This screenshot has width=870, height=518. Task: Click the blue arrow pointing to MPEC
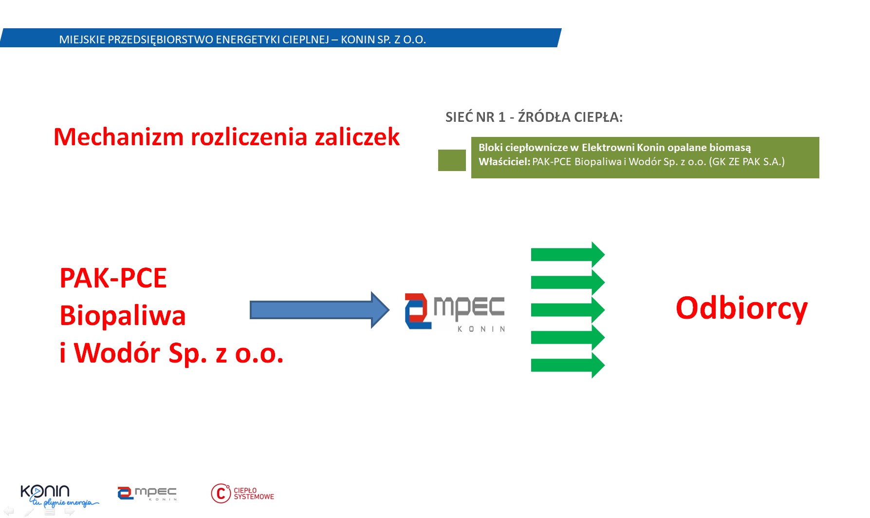pos(319,310)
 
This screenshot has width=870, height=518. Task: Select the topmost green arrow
pos(568,254)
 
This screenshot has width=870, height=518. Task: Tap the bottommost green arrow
pos(568,365)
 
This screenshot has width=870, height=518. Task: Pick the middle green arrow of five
pos(568,310)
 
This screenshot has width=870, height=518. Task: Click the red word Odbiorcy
pos(741,309)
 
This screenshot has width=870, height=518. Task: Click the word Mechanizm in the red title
pos(119,136)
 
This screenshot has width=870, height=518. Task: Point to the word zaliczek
pos(357,136)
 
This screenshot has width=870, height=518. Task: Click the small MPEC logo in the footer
pos(147,493)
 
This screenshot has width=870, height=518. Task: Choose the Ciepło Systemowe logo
pos(242,493)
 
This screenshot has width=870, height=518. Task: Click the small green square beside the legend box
pos(452,160)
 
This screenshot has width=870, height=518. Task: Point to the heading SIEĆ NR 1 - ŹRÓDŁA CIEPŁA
pos(534,117)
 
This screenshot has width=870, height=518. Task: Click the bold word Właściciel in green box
pos(504,162)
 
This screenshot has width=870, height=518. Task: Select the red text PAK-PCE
pos(113,278)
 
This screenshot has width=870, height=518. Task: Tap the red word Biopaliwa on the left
pos(123,315)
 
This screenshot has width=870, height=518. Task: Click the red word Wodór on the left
pos(117,353)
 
